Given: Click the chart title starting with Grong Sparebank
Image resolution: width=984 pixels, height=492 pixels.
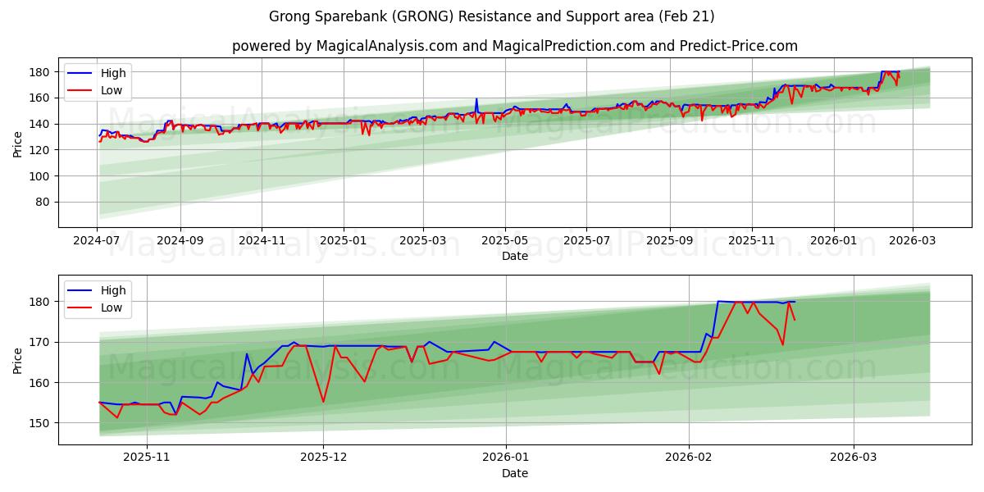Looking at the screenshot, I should click(x=492, y=16).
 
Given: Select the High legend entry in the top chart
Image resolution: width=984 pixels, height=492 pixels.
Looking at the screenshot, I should click(x=113, y=73).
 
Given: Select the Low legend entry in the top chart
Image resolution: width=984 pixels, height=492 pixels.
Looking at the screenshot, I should click(x=112, y=90).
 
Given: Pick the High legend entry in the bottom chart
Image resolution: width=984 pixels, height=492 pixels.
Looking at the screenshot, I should click(x=113, y=290).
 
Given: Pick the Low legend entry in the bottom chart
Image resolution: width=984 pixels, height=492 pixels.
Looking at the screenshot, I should click(x=112, y=307).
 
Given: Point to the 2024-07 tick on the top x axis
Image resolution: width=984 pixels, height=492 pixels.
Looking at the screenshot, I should click(x=98, y=241).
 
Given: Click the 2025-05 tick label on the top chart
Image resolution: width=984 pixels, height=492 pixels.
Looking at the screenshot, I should click(x=504, y=241).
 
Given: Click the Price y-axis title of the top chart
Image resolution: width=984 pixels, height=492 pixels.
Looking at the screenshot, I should click(x=18, y=144).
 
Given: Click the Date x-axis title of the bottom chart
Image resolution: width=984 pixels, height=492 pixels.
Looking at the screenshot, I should click(x=514, y=473).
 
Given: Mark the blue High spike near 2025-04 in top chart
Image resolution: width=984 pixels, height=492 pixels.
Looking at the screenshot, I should click(x=476, y=99).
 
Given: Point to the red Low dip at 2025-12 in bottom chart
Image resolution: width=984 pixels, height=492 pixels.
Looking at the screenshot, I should click(x=323, y=401).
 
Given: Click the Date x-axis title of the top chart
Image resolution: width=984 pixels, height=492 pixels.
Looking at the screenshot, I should click(x=514, y=256).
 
